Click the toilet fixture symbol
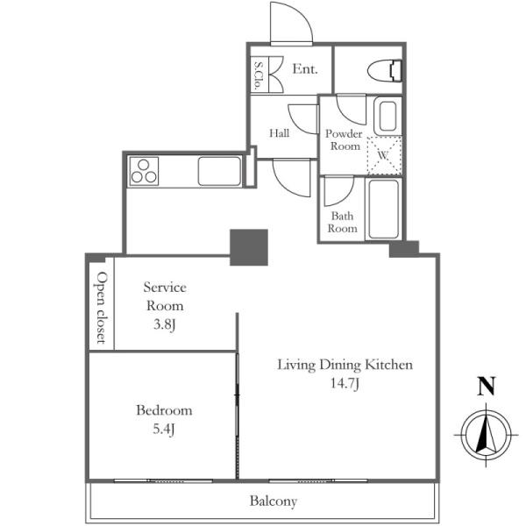point(385,71)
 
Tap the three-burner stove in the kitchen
point(144,171)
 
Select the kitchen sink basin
point(219,171)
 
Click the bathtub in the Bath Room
point(384,209)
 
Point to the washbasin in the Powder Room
point(387,117)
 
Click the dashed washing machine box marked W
point(385,155)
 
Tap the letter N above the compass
point(487,387)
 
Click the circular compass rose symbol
point(486,435)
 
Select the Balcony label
point(274,501)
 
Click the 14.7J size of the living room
point(345,383)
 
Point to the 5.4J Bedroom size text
point(164,429)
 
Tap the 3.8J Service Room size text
point(165,324)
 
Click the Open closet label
point(102,308)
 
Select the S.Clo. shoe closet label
point(258,75)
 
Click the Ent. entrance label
point(305,69)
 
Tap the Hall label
point(280,133)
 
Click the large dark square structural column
point(249,247)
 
